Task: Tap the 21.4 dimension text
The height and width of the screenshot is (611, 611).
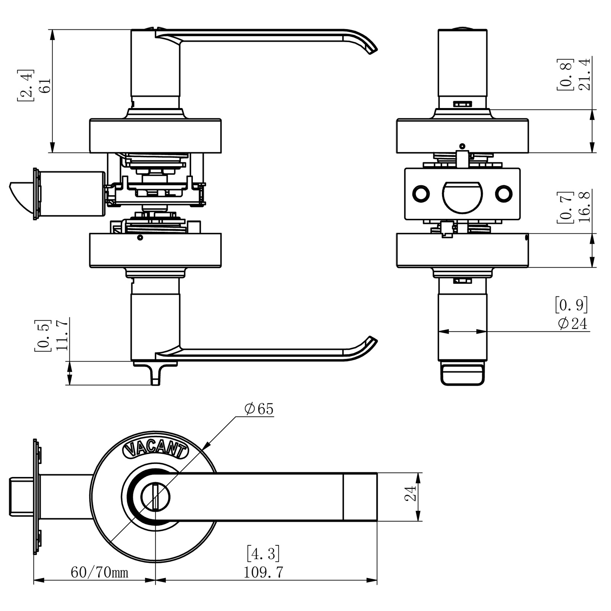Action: [x=585, y=74]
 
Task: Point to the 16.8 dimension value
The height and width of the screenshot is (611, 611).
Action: [x=585, y=207]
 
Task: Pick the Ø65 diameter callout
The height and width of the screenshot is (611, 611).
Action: [x=259, y=409]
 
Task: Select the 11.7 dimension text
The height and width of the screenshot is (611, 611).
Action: [x=62, y=334]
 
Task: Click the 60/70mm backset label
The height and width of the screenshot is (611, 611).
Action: [x=99, y=572]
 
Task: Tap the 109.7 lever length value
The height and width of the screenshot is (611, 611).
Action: [x=263, y=572]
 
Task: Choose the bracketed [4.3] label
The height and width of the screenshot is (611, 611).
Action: [x=263, y=553]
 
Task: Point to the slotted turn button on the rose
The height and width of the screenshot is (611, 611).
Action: [x=155, y=496]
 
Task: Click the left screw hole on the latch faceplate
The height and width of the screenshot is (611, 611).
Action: [x=421, y=194]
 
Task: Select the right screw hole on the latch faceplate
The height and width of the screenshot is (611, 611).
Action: [x=504, y=194]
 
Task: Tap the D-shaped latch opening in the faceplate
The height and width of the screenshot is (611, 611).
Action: [x=462, y=196]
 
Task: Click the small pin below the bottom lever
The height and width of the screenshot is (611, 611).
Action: [x=155, y=376]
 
